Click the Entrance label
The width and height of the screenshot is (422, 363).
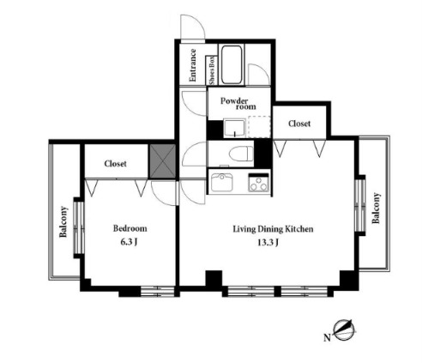click(x=193, y=65)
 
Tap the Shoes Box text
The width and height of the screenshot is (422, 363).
click(x=212, y=70)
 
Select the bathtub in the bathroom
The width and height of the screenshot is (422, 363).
click(x=232, y=65)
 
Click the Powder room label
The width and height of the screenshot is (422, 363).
click(x=238, y=104)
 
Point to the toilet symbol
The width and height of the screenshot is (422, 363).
click(x=241, y=154)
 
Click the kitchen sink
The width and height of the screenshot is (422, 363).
click(x=222, y=183)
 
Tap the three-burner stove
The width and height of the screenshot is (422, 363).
click(x=259, y=183)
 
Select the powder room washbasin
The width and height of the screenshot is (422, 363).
click(x=234, y=128)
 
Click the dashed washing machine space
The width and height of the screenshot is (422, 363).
click(x=259, y=127)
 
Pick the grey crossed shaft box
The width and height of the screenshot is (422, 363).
click(x=163, y=161)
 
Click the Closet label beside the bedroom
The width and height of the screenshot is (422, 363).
click(x=115, y=164)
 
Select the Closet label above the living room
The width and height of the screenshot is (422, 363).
click(x=299, y=124)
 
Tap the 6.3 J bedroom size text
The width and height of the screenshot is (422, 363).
click(x=129, y=242)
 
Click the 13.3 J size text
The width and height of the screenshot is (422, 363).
click(x=268, y=243)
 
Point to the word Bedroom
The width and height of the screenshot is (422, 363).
click(x=130, y=228)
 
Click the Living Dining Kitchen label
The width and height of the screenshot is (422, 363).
click(x=273, y=229)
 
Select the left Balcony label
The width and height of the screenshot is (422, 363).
click(x=63, y=222)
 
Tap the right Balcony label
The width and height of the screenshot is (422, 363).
click(x=376, y=209)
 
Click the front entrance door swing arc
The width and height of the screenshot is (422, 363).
click(x=198, y=21)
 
